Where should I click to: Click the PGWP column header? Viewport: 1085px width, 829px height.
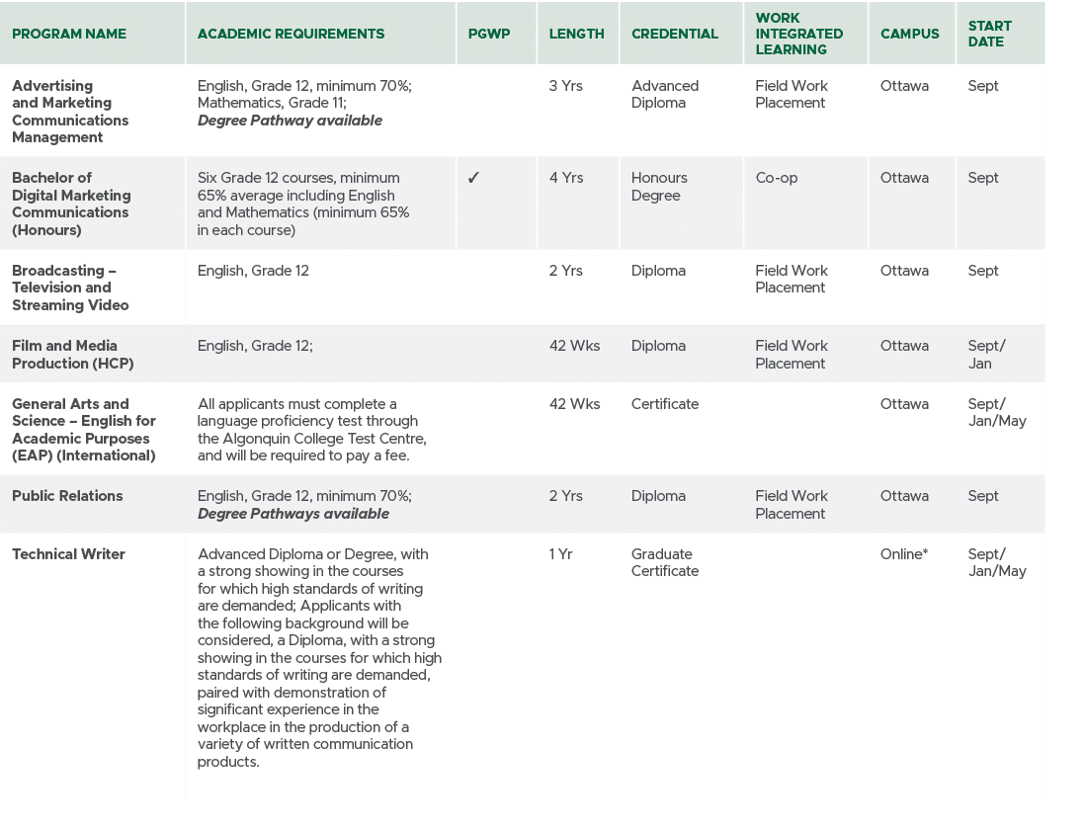(488, 34)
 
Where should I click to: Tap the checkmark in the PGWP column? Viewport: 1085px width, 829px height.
(473, 178)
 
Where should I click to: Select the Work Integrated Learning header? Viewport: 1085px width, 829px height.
(798, 34)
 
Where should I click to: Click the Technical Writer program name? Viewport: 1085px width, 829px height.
(68, 554)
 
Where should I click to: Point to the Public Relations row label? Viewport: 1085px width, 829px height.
(67, 496)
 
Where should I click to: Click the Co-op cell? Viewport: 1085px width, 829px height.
(776, 178)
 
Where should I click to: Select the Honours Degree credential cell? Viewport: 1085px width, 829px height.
(659, 187)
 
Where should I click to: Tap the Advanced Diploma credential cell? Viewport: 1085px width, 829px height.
(664, 95)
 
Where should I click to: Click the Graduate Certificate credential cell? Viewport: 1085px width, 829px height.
(664, 563)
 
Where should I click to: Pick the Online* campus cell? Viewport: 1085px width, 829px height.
(903, 554)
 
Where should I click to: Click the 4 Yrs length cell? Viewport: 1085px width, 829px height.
(566, 178)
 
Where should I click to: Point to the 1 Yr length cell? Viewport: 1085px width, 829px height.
(560, 554)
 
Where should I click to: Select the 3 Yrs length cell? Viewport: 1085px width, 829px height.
(566, 86)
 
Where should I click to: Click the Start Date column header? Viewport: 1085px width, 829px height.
(989, 34)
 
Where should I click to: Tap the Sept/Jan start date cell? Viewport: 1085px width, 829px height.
(986, 355)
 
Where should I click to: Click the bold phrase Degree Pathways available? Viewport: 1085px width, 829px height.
(292, 514)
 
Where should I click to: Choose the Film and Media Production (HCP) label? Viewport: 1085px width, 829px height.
(72, 355)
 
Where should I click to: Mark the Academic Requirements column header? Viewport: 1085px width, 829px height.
(291, 34)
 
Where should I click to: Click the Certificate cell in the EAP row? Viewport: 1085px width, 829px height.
(664, 404)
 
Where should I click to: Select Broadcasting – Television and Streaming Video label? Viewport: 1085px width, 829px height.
(70, 288)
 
